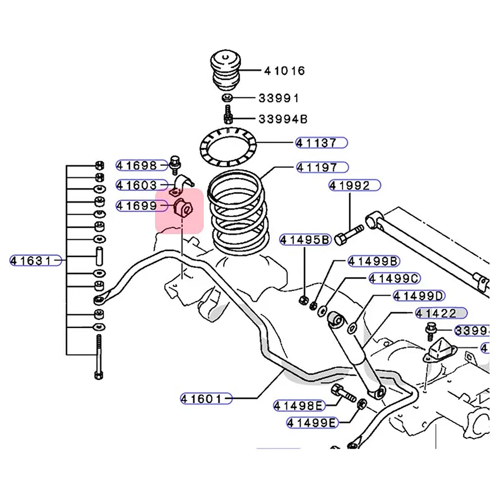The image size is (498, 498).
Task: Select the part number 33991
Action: tap(279, 98)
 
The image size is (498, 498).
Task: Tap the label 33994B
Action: tap(283, 119)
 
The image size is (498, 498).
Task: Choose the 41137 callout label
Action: tap(322, 143)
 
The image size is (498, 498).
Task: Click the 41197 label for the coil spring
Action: tap(322, 168)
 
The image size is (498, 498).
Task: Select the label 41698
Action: tap(136, 165)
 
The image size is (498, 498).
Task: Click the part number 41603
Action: tap(136, 185)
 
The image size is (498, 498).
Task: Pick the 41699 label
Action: tap(136, 205)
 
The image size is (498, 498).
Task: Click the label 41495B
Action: tap(305, 240)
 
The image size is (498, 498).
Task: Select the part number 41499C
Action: tap(394, 279)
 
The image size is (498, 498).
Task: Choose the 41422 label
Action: tap(440, 313)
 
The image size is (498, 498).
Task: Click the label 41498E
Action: tap(298, 405)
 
